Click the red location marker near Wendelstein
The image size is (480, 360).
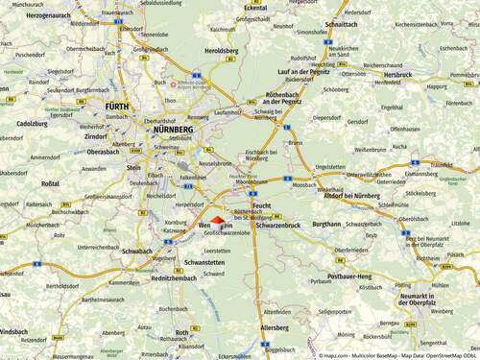coord(216,221)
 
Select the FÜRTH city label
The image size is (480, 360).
coord(118,108)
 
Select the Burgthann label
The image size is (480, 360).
coord(325,223)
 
